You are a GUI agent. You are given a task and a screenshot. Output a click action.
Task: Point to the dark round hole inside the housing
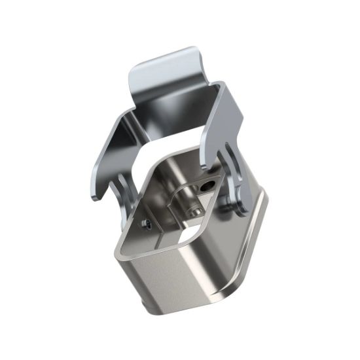click(207, 187)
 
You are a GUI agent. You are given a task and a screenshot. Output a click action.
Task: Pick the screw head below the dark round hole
click(194, 211)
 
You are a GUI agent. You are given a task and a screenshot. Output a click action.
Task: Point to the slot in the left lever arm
click(121, 187)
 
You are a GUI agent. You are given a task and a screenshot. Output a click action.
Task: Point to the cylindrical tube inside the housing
click(183, 196)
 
